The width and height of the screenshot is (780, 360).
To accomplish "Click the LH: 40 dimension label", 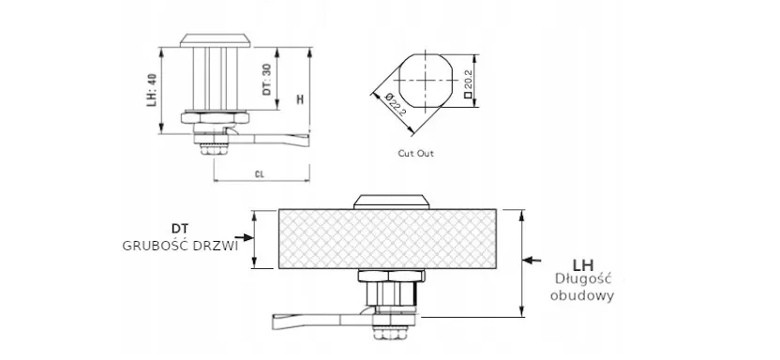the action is tap(152, 90).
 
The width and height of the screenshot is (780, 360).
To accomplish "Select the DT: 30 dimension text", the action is tap(267, 79).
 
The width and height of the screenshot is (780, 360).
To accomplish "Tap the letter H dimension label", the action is tap(299, 99).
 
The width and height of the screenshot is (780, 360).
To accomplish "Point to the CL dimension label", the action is tap(259, 174).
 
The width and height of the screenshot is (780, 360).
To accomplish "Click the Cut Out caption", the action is tap(416, 154).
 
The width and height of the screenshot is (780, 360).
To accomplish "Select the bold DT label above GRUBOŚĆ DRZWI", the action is tap(181, 229).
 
